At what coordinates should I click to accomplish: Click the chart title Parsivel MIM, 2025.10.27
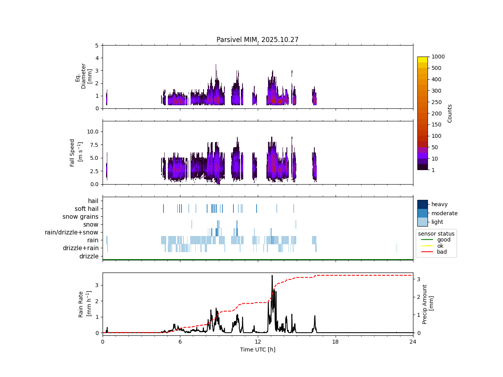click(257, 40)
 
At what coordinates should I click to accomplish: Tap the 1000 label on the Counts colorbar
click(438, 57)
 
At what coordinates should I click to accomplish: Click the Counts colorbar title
click(450, 113)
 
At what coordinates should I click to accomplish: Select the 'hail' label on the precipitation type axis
click(93, 201)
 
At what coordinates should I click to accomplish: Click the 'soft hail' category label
click(86, 209)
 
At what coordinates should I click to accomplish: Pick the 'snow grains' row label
click(80, 217)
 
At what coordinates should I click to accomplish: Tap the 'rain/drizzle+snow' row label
click(72, 232)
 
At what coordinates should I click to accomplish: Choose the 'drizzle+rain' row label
click(81, 248)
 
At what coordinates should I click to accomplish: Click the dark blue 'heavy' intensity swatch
click(422, 204)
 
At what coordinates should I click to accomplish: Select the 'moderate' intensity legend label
click(444, 213)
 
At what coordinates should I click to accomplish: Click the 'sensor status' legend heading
click(436, 234)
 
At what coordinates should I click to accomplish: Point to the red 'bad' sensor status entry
click(442, 252)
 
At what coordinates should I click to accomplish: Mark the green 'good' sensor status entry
click(444, 240)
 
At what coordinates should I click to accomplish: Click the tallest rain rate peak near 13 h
click(272, 276)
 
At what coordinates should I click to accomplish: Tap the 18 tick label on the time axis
click(335, 342)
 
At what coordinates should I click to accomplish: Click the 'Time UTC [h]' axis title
click(257, 350)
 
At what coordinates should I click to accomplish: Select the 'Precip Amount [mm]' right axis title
click(428, 304)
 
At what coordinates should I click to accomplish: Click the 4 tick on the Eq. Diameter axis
click(97, 58)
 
